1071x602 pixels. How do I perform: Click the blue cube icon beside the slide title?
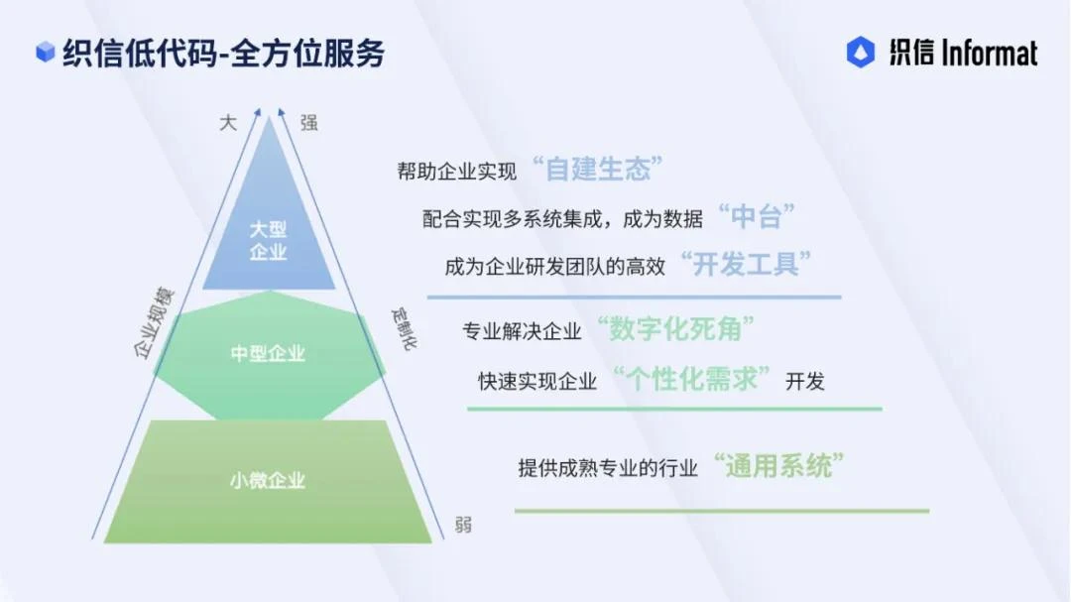[x=45, y=53]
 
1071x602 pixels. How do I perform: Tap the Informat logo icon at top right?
[x=861, y=53]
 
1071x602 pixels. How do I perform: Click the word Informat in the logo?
[x=976, y=53]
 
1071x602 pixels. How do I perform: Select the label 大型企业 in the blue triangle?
[x=268, y=240]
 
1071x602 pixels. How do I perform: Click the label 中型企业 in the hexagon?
[x=268, y=353]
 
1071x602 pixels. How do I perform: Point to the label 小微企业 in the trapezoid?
[x=268, y=481]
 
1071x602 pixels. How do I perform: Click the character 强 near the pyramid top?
[x=309, y=123]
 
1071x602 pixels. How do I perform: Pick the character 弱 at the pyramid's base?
[x=463, y=525]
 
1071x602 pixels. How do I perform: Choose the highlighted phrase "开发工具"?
[x=746, y=265]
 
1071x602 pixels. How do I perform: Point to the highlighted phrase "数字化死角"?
[x=674, y=329]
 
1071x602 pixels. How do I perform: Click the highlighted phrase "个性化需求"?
[x=692, y=379]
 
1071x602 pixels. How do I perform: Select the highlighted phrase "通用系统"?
[x=778, y=465]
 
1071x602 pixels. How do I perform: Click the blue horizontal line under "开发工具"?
[x=634, y=297]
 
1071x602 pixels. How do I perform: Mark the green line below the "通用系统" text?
[x=721, y=511]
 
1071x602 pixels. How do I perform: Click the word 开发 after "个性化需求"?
[x=805, y=381]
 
